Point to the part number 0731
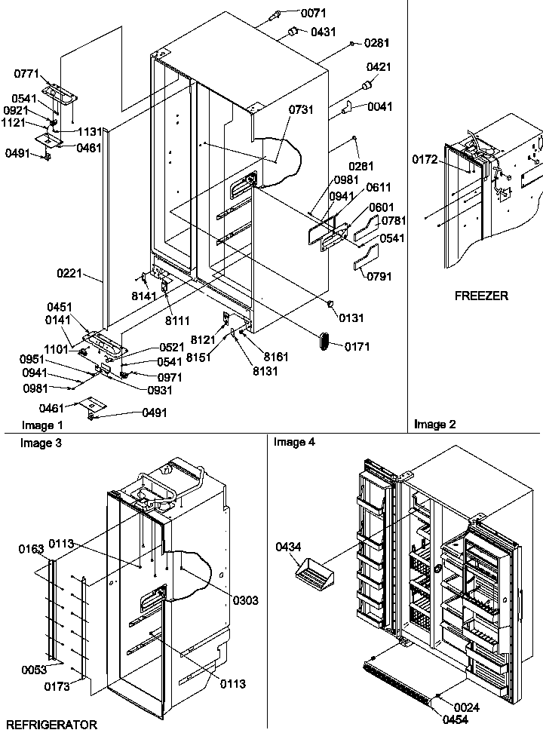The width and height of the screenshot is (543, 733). [x=301, y=110]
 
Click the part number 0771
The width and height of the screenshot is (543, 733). [x=26, y=73]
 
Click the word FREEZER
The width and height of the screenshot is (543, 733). [x=481, y=296]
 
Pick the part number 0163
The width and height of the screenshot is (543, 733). [x=32, y=550]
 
